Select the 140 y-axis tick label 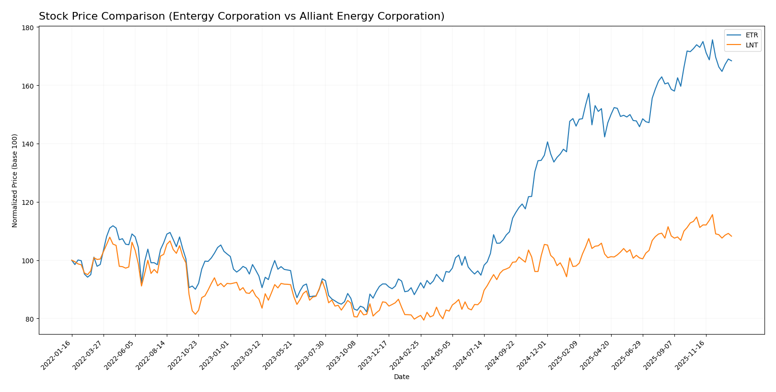28,144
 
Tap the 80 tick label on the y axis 30,319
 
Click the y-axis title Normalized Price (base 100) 15,180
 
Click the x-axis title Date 401,377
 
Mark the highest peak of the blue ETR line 712,40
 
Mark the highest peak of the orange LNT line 712,214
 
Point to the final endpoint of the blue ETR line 731,61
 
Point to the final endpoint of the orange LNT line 731,236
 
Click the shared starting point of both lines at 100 72,260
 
